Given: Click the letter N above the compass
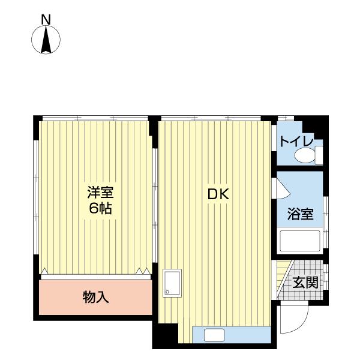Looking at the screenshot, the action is (x=46, y=20).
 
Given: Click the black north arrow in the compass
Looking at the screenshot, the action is (x=46, y=40).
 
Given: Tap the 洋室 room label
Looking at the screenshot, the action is (x=100, y=193).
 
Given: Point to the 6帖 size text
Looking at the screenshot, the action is (x=100, y=208).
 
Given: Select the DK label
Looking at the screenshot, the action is (x=218, y=194).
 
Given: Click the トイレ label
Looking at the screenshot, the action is (x=296, y=142).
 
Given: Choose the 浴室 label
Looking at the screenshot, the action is (x=301, y=214).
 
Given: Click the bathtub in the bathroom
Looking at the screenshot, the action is (x=300, y=241).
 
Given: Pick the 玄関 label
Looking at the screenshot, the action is (x=305, y=282).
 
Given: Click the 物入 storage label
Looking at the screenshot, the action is (x=95, y=297).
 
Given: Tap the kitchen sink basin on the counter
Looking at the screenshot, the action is (x=214, y=335).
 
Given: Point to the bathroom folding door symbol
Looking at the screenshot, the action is (x=283, y=188).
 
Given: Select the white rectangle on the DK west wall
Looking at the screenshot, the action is (x=172, y=283).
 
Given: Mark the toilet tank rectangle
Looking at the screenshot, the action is (x=319, y=155).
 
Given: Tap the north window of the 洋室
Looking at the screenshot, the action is (x=95, y=118).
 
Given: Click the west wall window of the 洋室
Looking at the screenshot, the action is (x=36, y=197).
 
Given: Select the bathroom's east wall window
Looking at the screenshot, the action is (x=326, y=222).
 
